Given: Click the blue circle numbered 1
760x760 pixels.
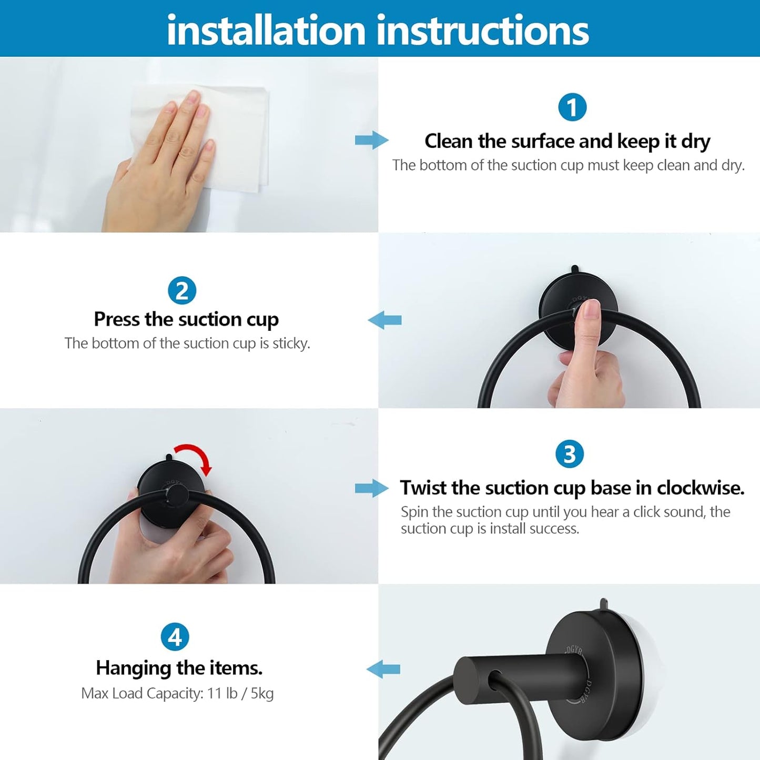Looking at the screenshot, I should (x=572, y=107).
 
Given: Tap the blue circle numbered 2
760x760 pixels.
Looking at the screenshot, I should (x=182, y=291).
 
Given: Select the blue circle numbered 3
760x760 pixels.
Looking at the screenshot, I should (x=569, y=454).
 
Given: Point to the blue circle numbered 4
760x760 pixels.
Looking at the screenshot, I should (x=175, y=637).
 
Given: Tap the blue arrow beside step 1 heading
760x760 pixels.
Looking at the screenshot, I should (x=371, y=140).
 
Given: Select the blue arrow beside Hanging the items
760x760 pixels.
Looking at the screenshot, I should (x=383, y=670).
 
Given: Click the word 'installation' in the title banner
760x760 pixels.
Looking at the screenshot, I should (x=266, y=31).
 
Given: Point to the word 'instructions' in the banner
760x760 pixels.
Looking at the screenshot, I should (x=482, y=31).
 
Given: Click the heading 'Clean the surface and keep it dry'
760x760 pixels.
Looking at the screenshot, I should (x=567, y=141).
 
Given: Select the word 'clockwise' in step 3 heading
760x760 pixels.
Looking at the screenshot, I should (x=700, y=488).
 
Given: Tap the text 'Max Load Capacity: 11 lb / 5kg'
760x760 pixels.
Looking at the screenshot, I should (x=177, y=693).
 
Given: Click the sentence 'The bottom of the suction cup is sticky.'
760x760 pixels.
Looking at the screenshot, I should (x=187, y=343).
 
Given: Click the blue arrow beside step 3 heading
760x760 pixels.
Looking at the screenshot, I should (x=371, y=488).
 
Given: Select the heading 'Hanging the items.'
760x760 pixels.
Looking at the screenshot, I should (x=179, y=668).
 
